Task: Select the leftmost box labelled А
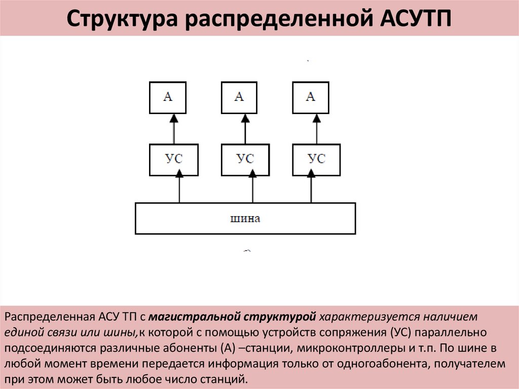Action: tap(168, 97)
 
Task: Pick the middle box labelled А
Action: tap(239, 97)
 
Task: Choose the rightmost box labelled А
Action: tap(311, 97)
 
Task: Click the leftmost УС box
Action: tap(174, 159)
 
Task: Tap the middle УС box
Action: tap(245, 159)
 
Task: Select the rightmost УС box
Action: tap(317, 159)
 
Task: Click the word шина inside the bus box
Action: tap(245, 219)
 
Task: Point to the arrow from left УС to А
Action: tap(174, 129)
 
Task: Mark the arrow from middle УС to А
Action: tap(245, 129)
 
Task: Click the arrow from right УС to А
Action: tap(317, 129)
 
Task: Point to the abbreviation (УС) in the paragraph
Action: tap(403, 333)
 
